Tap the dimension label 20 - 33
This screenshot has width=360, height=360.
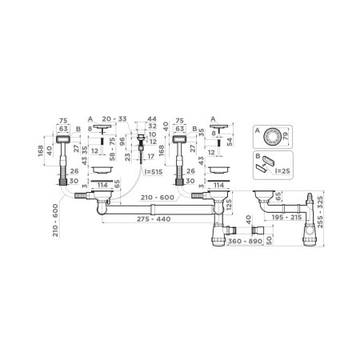point(117,119)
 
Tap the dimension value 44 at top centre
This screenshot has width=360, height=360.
point(153,118)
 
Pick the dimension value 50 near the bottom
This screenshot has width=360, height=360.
point(269,239)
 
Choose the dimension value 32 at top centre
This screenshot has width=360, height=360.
point(153,126)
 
